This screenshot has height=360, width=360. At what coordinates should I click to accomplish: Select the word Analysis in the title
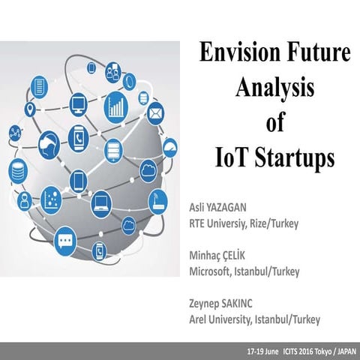coord(270,88)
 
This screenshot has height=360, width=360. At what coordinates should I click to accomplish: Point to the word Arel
coord(200,319)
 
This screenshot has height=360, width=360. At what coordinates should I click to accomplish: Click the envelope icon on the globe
coord(156,115)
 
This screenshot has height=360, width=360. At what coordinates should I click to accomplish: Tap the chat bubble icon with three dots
coord(66,241)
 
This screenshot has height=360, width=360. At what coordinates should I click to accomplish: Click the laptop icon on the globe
coord(100,201)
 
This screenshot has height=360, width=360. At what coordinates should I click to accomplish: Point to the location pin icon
coord(31,109)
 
